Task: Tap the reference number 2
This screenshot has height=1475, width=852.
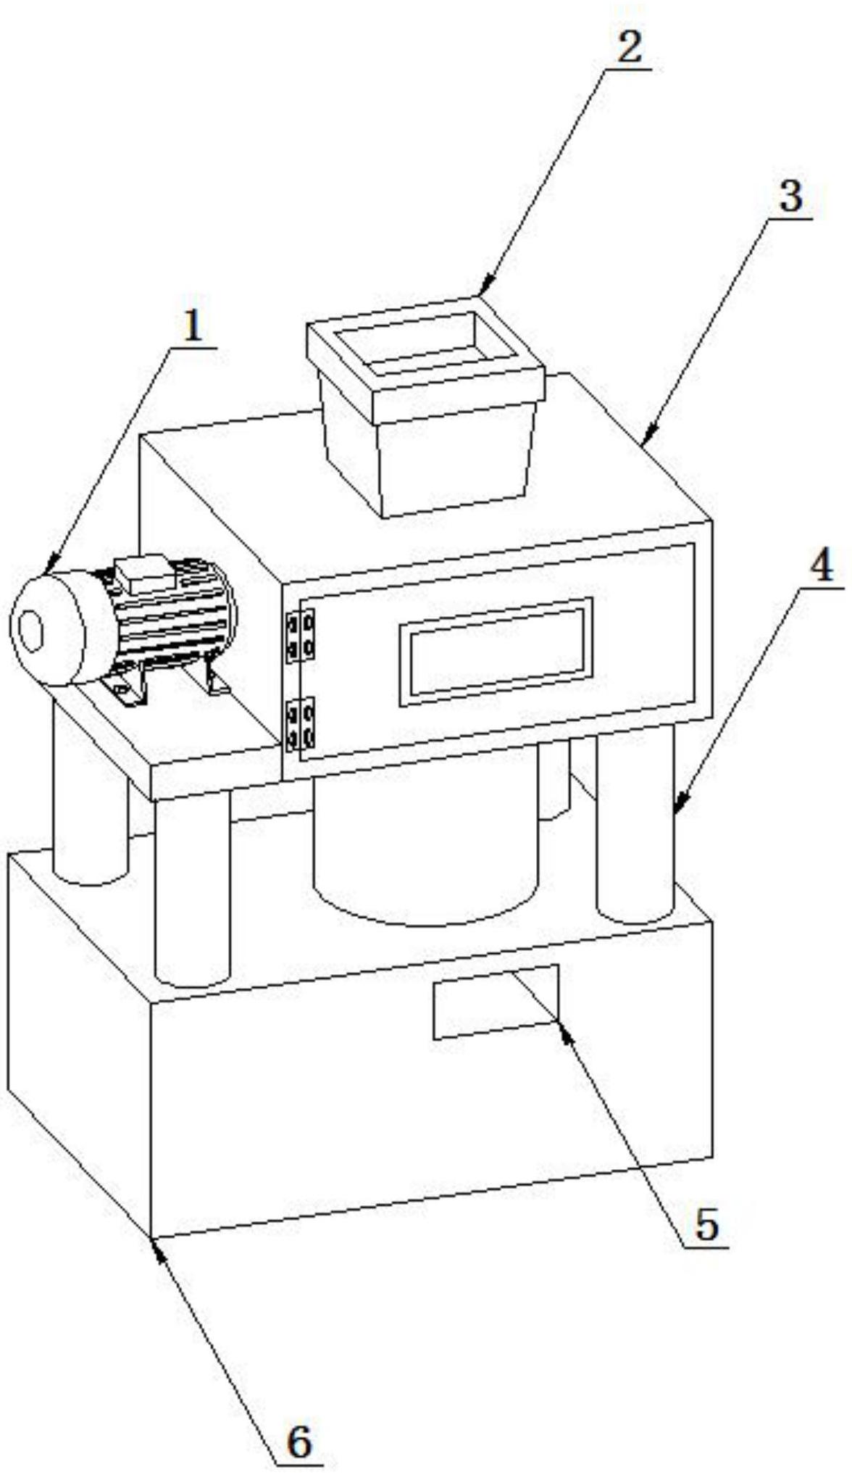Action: coord(628,48)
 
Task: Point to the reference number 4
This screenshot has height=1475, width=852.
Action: coord(821,567)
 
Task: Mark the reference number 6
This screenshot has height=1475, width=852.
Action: coord(299,1441)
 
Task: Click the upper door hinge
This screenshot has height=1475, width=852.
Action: coord(300,636)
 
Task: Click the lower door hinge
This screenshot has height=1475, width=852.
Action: coord(300,723)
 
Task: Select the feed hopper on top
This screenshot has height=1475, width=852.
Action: coord(426,406)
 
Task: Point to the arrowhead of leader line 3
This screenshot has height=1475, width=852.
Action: coord(643,440)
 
